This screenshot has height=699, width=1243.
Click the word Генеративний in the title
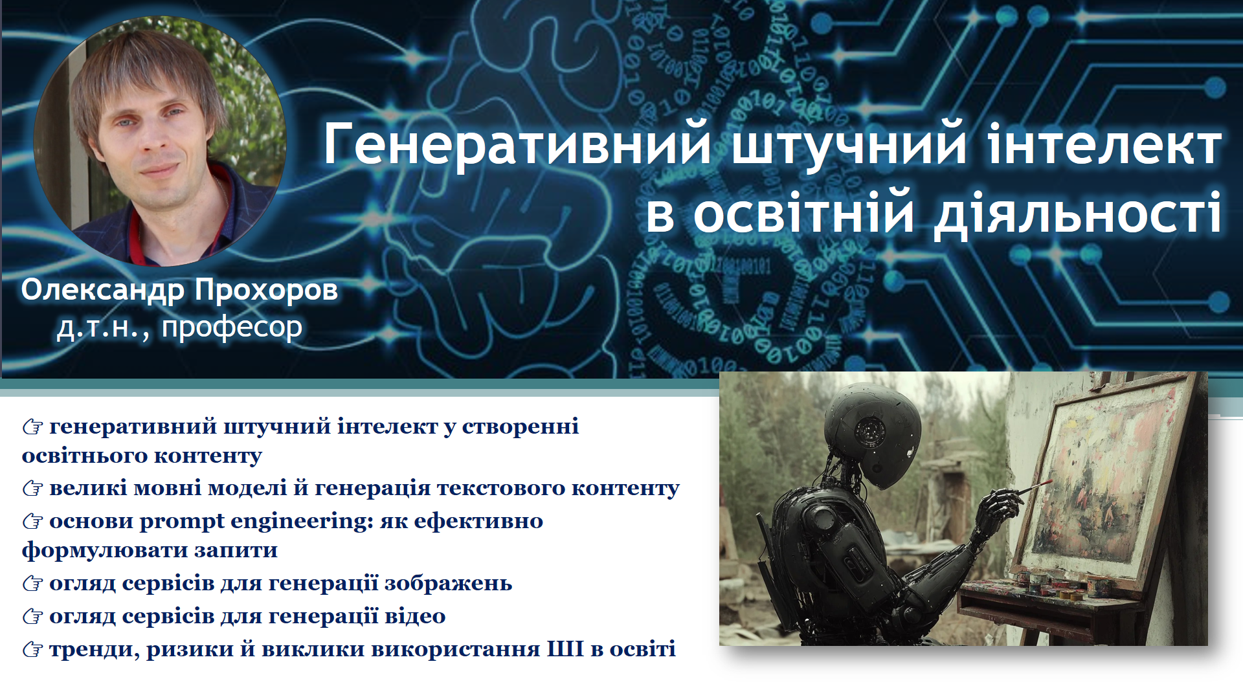pyautogui.click(x=517, y=144)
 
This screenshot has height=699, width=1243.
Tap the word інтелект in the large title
pyautogui.click(x=1104, y=143)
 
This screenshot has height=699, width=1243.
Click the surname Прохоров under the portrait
pyautogui.click(x=266, y=290)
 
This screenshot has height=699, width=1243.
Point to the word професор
pyautogui.click(x=232, y=327)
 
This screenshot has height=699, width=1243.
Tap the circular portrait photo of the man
pyautogui.click(x=160, y=141)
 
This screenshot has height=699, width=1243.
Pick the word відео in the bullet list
pyautogui.click(x=415, y=616)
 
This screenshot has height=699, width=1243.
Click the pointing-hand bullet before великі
pyautogui.click(x=32, y=488)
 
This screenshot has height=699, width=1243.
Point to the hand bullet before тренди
pyautogui.click(x=32, y=649)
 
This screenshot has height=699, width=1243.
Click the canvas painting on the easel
pyautogui.click(x=1111, y=482)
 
